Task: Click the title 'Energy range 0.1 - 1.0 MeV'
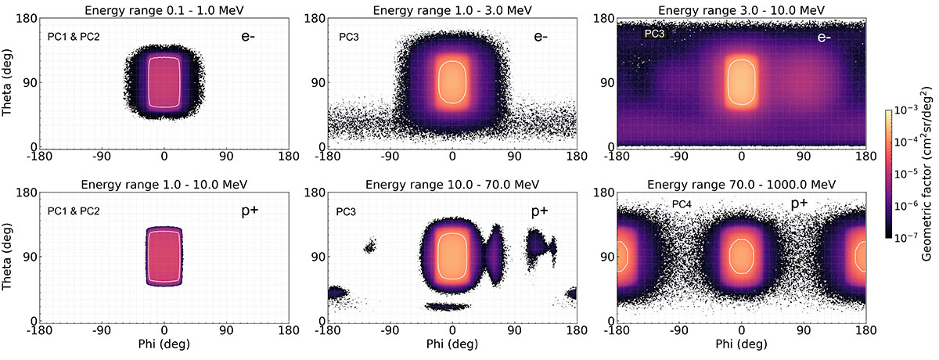164,8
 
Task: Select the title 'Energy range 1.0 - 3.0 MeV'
452,8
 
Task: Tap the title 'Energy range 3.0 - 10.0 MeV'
741,8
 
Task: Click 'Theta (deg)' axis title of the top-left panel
9,82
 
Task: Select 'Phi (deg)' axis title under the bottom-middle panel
452,344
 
